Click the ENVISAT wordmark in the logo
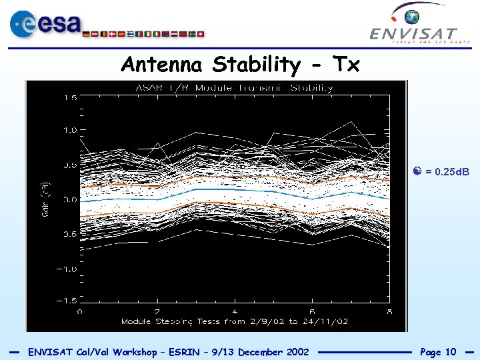pyautogui.click(x=413, y=33)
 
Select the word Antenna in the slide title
pyautogui.click(x=163, y=65)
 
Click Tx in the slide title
pyautogui.click(x=345, y=65)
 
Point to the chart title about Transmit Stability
pyautogui.click(x=234, y=88)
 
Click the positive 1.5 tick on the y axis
pyautogui.click(x=70, y=97)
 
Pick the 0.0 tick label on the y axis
pyautogui.click(x=70, y=199)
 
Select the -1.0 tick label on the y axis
pyautogui.click(x=68, y=268)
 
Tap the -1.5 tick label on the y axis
pyautogui.click(x=68, y=301)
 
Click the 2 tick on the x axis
pyautogui.click(x=157, y=311)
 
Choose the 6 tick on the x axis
pyautogui.click(x=312, y=311)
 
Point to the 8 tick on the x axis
pyautogui.click(x=389, y=311)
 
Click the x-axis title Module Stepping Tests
pyautogui.click(x=234, y=321)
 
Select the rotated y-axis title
pyautogui.click(x=46, y=199)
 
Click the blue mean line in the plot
pyautogui.click(x=233, y=191)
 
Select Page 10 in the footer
pyautogui.click(x=438, y=351)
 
